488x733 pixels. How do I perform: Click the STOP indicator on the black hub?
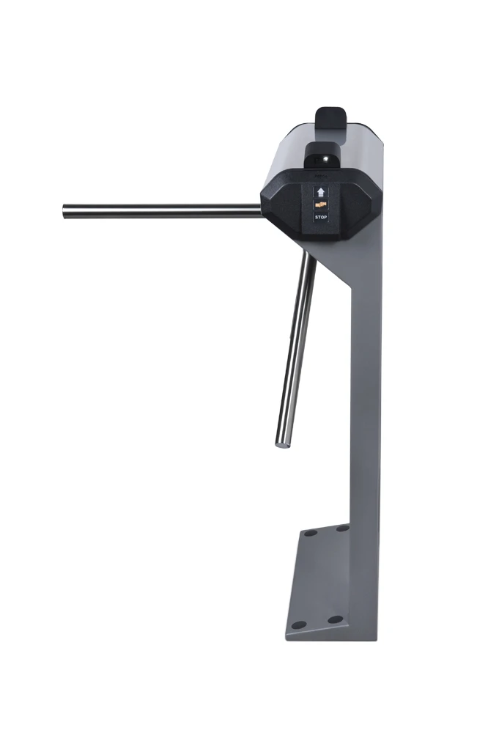pos(320,217)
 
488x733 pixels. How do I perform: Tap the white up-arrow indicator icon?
pos(320,193)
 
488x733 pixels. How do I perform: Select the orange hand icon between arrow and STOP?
pos(320,205)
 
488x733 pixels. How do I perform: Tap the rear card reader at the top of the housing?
pos(332,117)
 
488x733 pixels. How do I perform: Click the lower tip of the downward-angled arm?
pos(281,441)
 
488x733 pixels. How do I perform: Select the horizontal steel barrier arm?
pos(161,211)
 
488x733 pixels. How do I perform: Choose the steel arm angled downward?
pos(297,345)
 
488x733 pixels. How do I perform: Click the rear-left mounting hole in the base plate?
pos(310,533)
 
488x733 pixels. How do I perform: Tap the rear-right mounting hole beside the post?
pos(342,527)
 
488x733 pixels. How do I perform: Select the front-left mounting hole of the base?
pos(298,625)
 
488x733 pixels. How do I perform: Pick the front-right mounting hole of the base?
pos(335,619)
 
